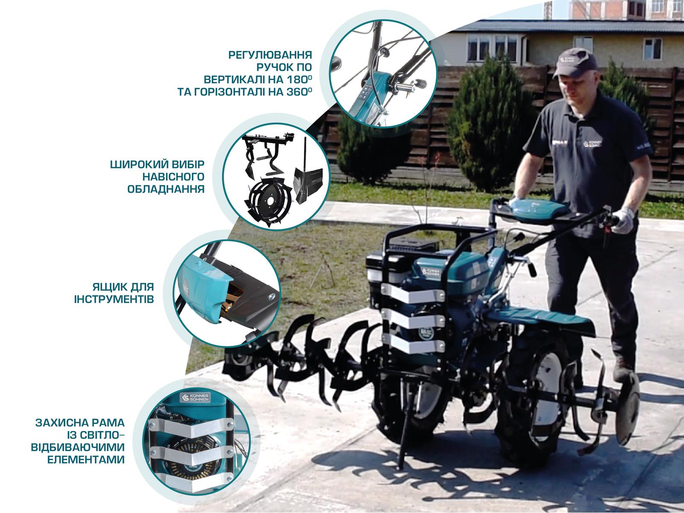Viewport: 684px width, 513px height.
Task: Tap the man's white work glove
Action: coord(623,221)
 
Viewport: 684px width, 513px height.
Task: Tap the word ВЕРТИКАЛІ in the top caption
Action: coord(235,80)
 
